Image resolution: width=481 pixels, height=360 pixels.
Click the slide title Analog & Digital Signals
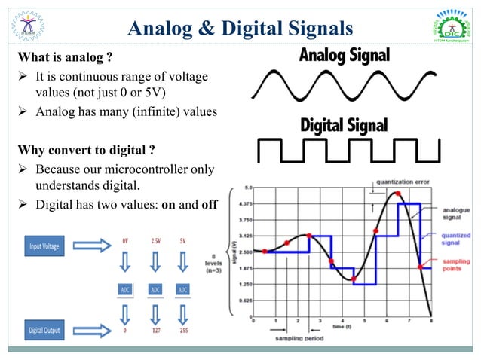(240, 29)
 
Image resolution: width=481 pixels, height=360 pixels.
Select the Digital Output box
(47, 330)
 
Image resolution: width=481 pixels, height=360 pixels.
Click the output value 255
(182, 329)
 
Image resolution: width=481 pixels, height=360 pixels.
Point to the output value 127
(155, 329)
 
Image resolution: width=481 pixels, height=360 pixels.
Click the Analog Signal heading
(344, 55)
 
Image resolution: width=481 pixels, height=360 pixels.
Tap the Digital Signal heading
(344, 124)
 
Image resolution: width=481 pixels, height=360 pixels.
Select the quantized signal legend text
(458, 238)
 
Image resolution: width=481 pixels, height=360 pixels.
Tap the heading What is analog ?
(66, 58)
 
